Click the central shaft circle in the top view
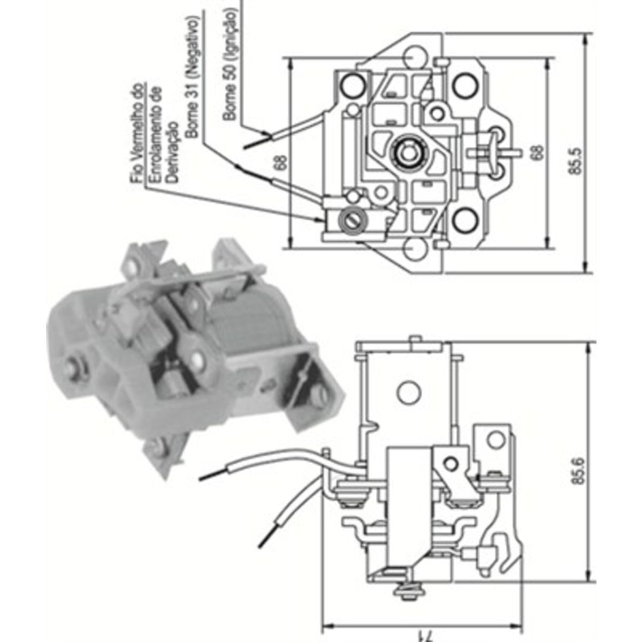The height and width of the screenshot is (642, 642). pos(408,151)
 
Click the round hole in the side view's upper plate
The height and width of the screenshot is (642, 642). pos(409,392)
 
